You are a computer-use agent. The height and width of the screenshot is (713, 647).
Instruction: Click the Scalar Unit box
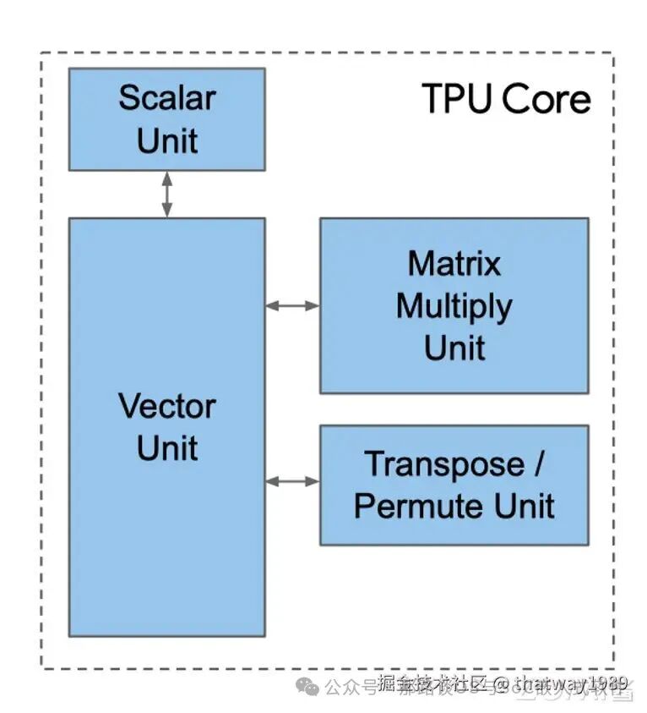tap(166, 119)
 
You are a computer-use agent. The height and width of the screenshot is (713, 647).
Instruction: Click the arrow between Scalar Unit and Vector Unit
tap(166, 194)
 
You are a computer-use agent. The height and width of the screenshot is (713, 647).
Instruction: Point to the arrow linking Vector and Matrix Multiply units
tap(292, 305)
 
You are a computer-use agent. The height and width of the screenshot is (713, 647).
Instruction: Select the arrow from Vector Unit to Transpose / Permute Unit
tap(292, 481)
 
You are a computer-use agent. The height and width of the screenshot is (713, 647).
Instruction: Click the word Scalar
tap(166, 97)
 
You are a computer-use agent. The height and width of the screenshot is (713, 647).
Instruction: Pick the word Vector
tap(166, 407)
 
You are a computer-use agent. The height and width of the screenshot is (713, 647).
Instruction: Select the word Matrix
tap(454, 264)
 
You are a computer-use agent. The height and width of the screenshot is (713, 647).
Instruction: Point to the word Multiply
tap(454, 306)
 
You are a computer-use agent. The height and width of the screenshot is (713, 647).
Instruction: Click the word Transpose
tap(443, 464)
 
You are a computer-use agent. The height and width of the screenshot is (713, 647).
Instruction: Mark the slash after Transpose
tap(538, 464)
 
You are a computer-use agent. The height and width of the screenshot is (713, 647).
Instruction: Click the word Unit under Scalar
tap(166, 140)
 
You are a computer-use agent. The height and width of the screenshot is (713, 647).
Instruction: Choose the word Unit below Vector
tap(166, 448)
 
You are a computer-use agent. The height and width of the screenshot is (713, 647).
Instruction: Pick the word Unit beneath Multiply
tap(454, 348)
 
